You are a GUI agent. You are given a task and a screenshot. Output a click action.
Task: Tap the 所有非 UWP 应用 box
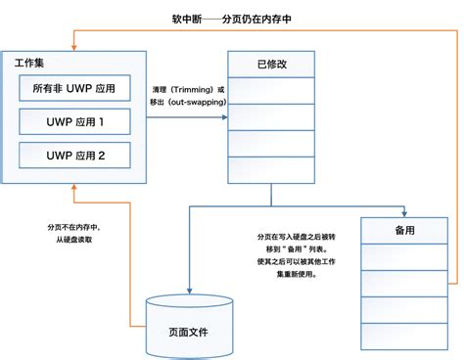[x=75, y=90]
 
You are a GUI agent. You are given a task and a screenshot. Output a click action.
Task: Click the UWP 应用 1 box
[x=75, y=123]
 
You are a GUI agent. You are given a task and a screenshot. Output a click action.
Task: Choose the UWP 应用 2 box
[x=75, y=156]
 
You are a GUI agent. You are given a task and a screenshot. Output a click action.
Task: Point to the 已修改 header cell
[x=271, y=65]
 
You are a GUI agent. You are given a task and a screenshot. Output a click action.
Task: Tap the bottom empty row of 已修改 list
[x=271, y=167]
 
